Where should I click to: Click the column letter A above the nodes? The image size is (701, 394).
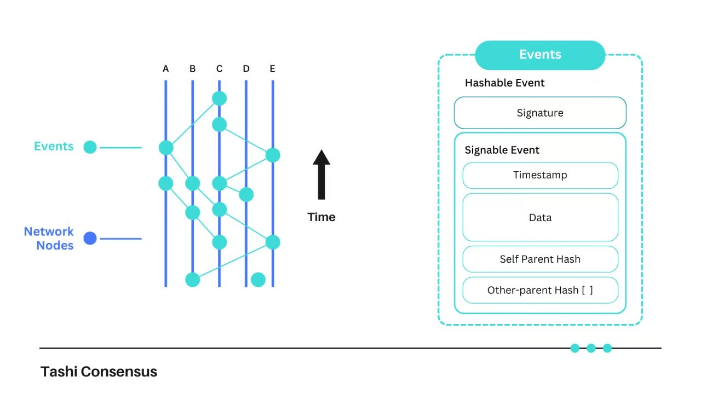pos(166,69)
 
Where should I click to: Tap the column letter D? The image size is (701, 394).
pos(246,69)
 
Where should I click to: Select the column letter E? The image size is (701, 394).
pos(273,69)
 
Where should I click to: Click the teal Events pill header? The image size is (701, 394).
pos(540,55)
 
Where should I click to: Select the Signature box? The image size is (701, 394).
pos(540,113)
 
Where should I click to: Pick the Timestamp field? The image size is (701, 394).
pos(540,176)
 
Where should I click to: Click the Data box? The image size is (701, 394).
pos(540,217)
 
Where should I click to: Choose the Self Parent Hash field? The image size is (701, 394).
pos(540,259)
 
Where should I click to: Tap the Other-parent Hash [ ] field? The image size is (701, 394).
pos(540,291)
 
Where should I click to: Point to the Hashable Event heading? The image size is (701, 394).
pos(504,83)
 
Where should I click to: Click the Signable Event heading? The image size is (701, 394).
pos(502,150)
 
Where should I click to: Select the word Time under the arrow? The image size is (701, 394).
pos(321,217)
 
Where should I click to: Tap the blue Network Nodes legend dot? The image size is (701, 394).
pos(90,239)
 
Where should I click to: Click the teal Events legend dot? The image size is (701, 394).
pos(90,147)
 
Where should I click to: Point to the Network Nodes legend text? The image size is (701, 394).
pos(49,239)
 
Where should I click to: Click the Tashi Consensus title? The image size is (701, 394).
pos(99,372)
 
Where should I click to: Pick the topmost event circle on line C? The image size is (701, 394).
pos(219,99)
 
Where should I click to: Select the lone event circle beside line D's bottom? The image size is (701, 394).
pos(258,280)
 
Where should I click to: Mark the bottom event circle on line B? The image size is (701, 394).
pos(192,280)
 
